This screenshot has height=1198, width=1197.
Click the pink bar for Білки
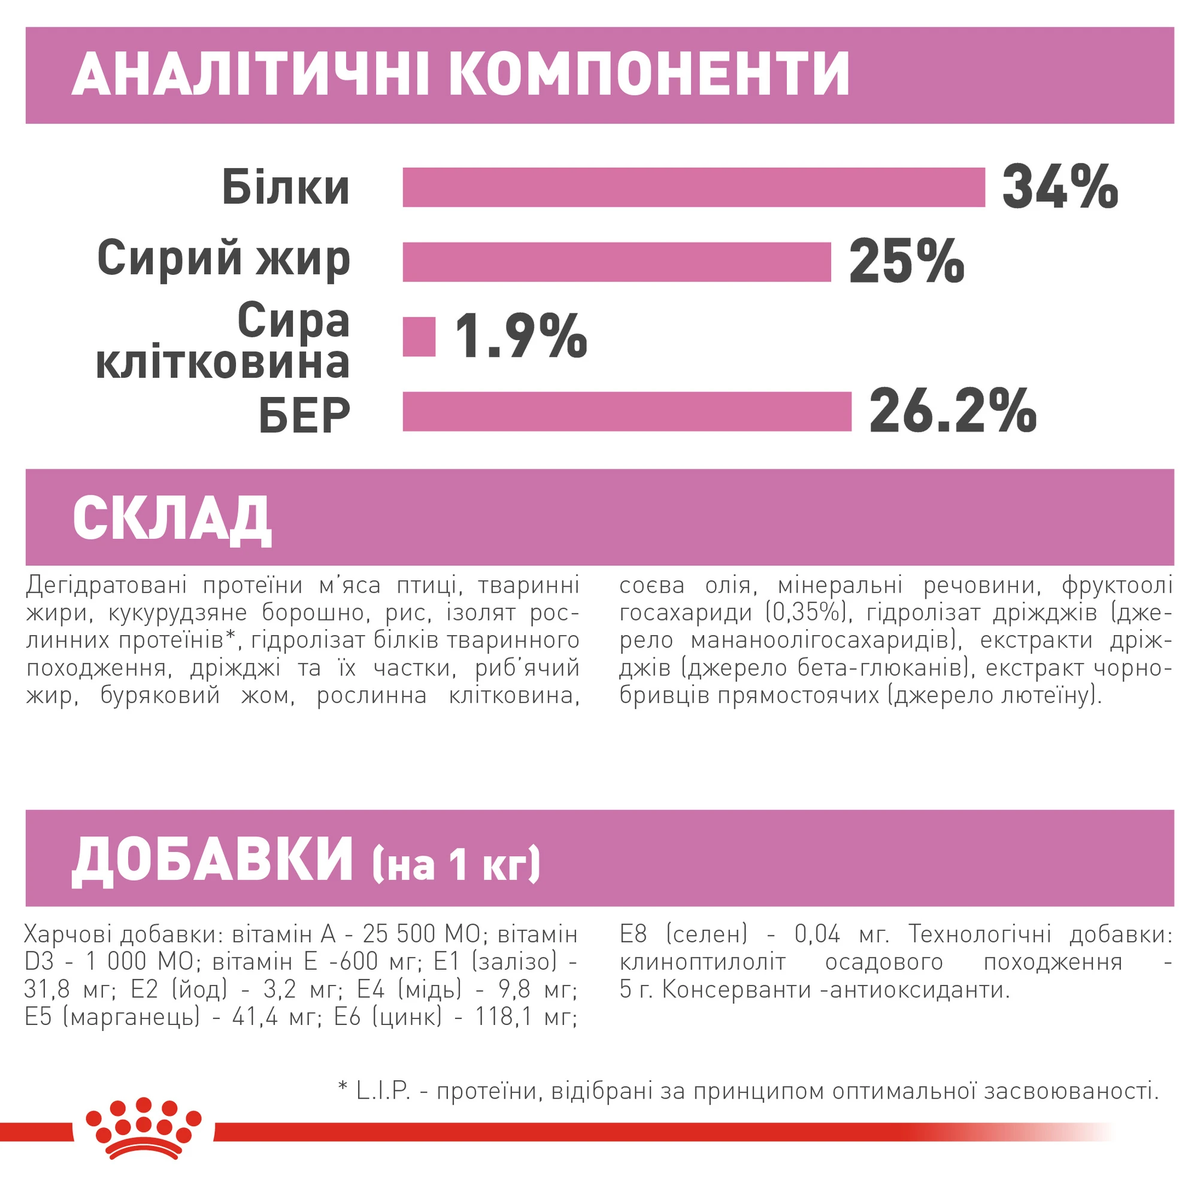693,187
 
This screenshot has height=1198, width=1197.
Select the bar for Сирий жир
617,262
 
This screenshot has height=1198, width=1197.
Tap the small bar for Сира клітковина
419,336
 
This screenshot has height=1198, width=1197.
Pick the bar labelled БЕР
626,411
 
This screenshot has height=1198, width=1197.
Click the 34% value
1059,187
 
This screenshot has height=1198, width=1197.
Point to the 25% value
905,262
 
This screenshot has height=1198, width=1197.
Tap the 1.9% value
520,336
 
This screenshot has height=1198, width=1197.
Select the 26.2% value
952,411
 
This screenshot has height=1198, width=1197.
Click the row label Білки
286,187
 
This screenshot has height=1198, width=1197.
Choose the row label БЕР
305,415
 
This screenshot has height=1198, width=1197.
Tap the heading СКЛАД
172,519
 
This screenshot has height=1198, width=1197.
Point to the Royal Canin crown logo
143,1135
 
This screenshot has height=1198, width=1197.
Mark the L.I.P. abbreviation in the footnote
383,1090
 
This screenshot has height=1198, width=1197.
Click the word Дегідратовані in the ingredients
106,585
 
